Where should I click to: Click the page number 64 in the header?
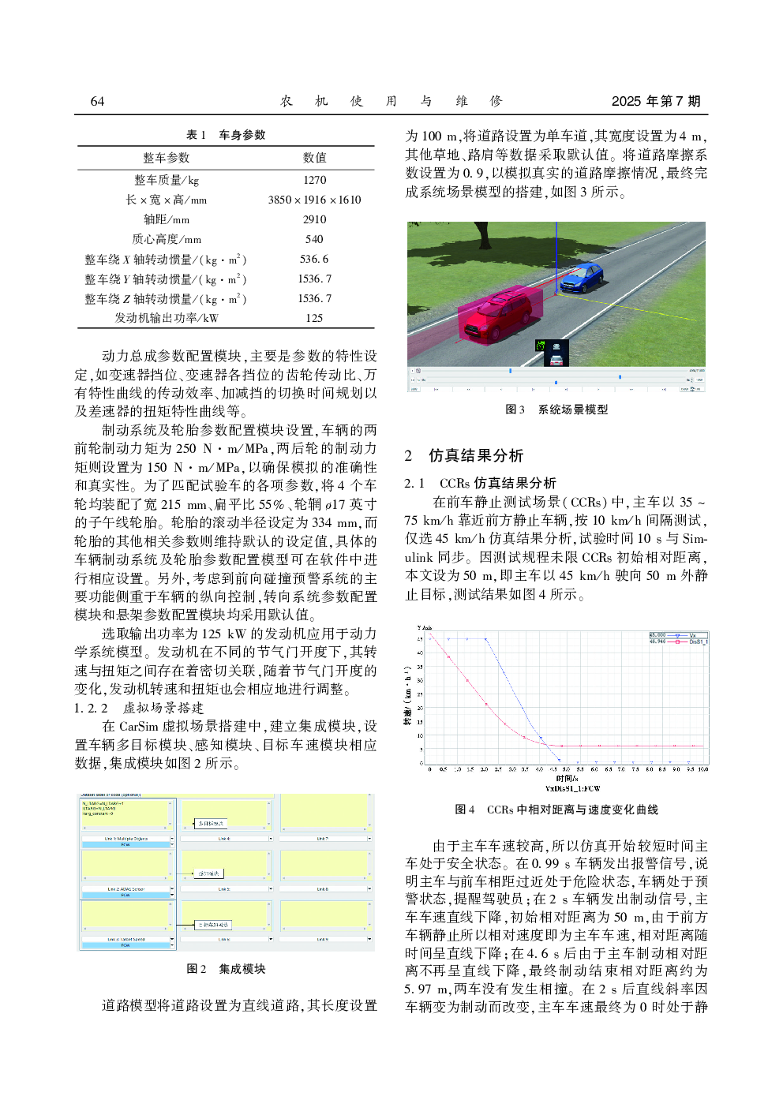pyautogui.click(x=97, y=101)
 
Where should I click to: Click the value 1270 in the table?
pyautogui.click(x=314, y=180)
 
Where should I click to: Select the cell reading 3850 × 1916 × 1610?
pyautogui.click(x=314, y=200)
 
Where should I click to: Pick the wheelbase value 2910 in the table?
pyautogui.click(x=314, y=219)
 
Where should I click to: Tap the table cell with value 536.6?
pyautogui.click(x=314, y=259)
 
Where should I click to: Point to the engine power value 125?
pyautogui.click(x=314, y=318)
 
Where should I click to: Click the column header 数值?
pyautogui.click(x=314, y=158)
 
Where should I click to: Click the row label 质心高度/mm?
pyautogui.click(x=167, y=239)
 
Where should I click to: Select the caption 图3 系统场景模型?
pyautogui.click(x=556, y=410)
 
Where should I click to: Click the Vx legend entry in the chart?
pyautogui.click(x=691, y=635)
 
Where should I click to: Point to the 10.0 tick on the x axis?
pyautogui.click(x=702, y=769)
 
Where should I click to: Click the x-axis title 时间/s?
pyautogui.click(x=567, y=778)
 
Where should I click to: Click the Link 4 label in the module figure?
pyautogui.click(x=224, y=839)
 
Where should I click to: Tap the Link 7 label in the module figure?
pyautogui.click(x=322, y=839)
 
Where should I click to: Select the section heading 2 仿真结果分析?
pyautogui.click(x=464, y=455)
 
